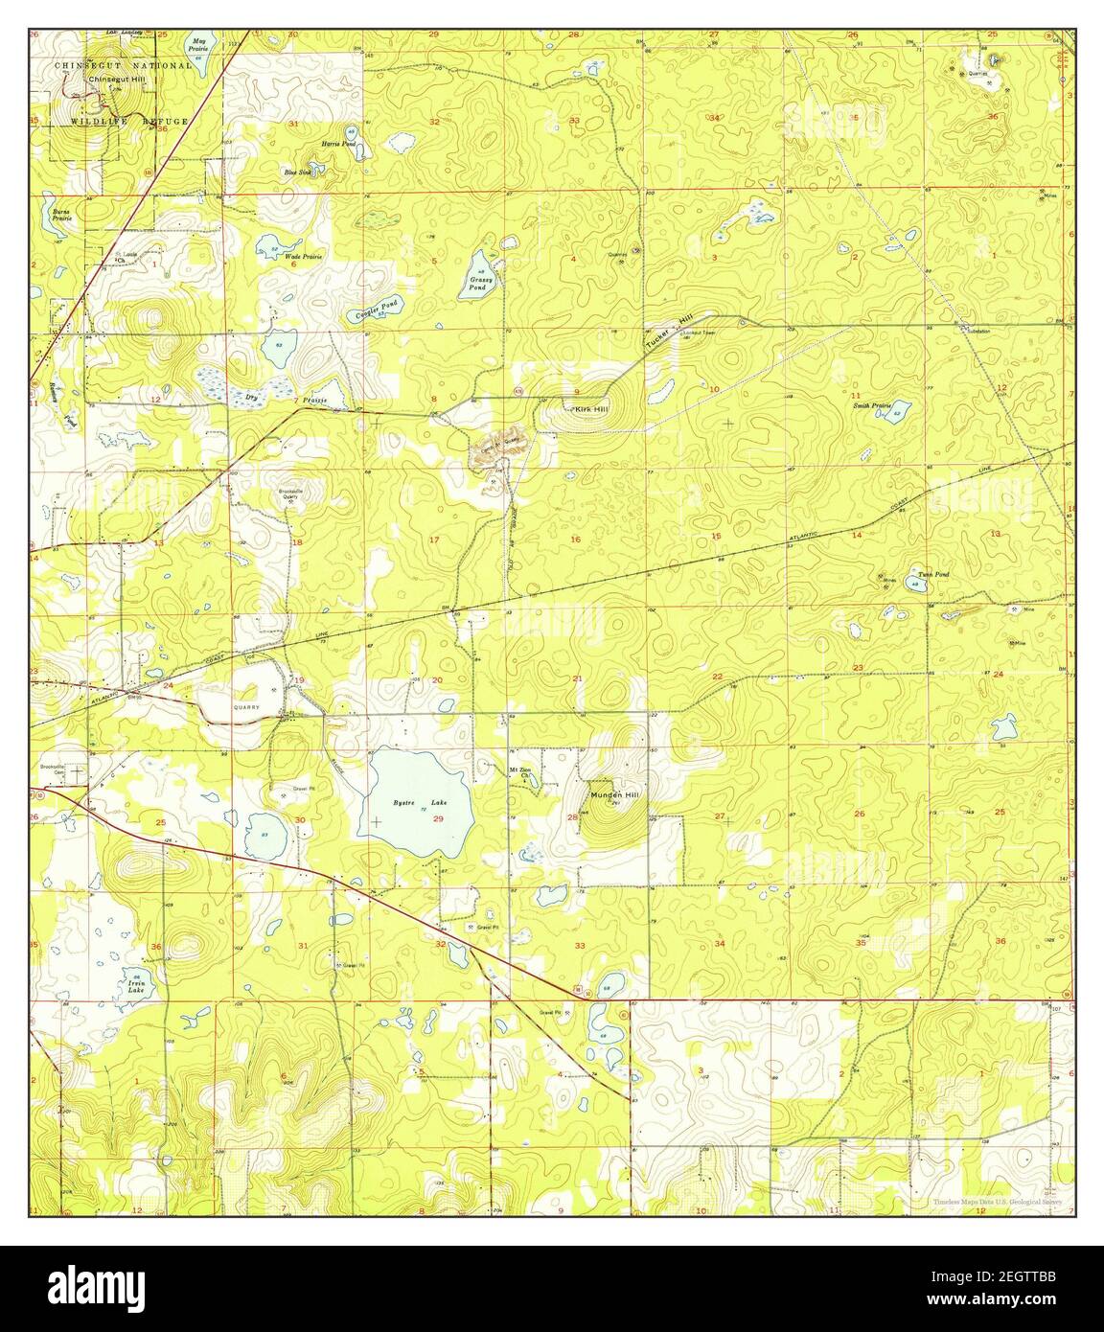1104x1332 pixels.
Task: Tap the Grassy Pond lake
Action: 477,274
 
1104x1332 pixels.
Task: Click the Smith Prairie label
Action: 873,405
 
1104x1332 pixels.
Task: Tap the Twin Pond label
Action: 932,575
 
